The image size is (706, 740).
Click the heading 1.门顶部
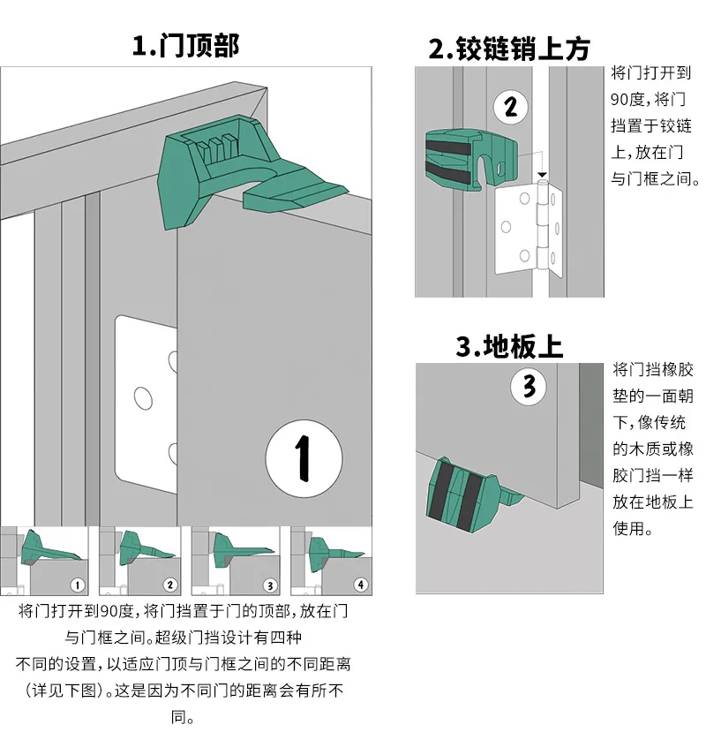tap(185, 45)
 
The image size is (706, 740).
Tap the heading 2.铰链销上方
tap(508, 49)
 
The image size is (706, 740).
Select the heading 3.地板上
tap(509, 345)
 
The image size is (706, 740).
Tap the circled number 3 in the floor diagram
tap(529, 386)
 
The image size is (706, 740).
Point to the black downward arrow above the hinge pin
tap(543, 176)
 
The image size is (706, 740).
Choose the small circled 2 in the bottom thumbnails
tap(171, 585)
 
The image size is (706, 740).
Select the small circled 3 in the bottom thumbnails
tap(270, 585)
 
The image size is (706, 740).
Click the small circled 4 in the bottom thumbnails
tap(360, 585)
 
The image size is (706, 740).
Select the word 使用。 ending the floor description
tap(633, 529)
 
